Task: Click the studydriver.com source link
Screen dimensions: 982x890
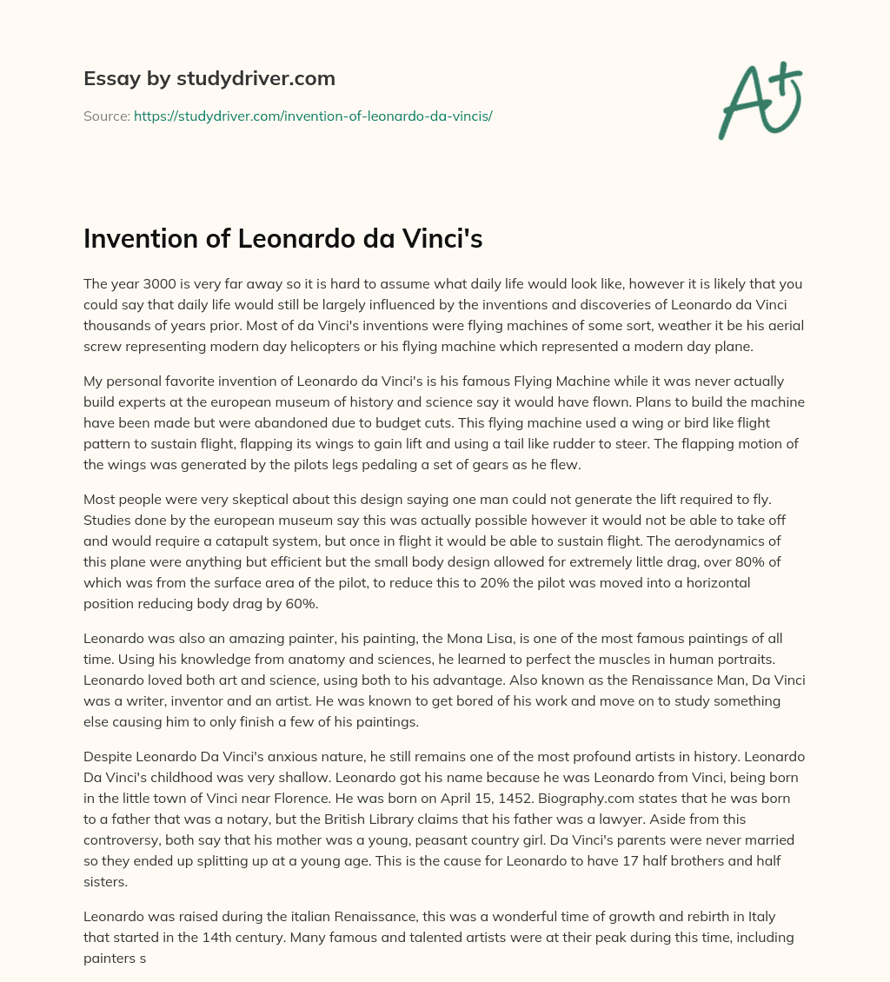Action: point(313,115)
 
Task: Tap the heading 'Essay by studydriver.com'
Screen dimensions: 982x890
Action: point(209,78)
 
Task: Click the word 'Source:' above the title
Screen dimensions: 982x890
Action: point(106,115)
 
